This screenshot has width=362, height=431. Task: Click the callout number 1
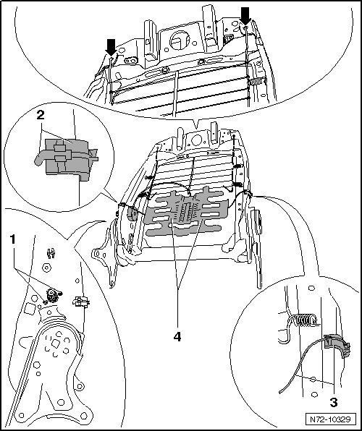coord(12,239)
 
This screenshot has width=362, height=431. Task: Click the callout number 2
coord(41,115)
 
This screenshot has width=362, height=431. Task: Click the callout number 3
coord(333,403)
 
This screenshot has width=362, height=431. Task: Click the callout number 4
coord(177,336)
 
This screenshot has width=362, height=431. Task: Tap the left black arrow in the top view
coord(111,47)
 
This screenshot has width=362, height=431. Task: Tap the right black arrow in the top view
coord(245,16)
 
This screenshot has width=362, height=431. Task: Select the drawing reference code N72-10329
coord(331,419)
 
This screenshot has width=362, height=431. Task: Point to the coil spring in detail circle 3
coord(302,320)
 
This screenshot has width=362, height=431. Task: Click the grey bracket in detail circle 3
coord(337,346)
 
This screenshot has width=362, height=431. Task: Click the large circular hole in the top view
coord(180,40)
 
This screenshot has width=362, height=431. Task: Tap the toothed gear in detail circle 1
coord(51,296)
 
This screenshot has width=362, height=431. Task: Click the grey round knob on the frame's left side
coord(132,213)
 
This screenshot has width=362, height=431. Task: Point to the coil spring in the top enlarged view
coord(256,82)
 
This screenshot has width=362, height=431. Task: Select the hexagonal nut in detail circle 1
coord(46,267)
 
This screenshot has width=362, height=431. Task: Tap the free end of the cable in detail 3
coord(280,392)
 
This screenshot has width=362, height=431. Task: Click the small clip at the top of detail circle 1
coord(51,253)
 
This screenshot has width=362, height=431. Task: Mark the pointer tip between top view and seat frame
coord(196,129)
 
